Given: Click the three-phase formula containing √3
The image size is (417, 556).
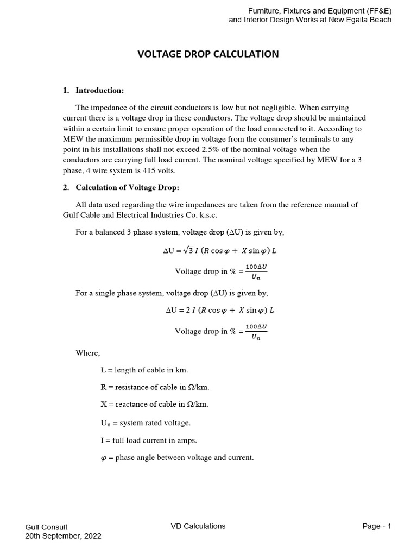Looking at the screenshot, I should click(x=219, y=251).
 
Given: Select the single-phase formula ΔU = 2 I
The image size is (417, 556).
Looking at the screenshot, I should click(x=219, y=311).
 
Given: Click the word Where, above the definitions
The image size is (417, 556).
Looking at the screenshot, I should click(x=87, y=353).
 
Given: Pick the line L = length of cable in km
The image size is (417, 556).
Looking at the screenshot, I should click(x=144, y=370).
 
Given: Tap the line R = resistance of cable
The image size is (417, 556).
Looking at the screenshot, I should click(x=155, y=387).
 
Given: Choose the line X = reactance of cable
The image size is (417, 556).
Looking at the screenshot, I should click(x=154, y=404).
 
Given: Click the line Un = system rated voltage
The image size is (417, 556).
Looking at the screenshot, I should click(x=146, y=422).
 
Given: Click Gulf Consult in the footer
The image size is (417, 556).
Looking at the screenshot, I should click(x=47, y=527).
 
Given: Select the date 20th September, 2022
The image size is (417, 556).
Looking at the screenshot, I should click(x=63, y=536).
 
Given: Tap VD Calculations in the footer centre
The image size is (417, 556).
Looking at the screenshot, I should click(x=198, y=526).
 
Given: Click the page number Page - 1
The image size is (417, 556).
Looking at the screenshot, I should click(x=376, y=526).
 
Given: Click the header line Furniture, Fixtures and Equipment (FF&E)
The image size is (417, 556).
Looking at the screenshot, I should click(x=319, y=11).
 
